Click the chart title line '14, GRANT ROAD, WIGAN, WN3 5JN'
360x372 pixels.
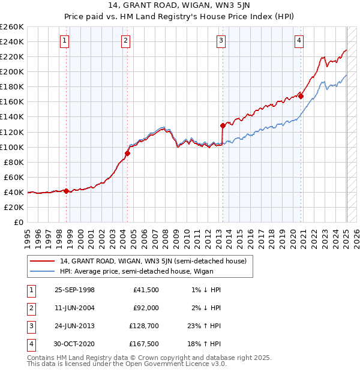(179, 7)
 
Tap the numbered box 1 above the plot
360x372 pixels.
(64, 41)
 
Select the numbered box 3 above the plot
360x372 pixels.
(221, 41)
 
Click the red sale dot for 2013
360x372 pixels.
(223, 125)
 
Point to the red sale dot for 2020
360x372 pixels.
(301, 96)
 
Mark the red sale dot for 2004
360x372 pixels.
(128, 153)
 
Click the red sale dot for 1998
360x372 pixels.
(67, 191)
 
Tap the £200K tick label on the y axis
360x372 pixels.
(12, 71)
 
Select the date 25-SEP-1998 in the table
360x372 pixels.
(74, 290)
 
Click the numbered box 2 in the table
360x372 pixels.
(31, 308)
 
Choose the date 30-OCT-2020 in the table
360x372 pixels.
(74, 344)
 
